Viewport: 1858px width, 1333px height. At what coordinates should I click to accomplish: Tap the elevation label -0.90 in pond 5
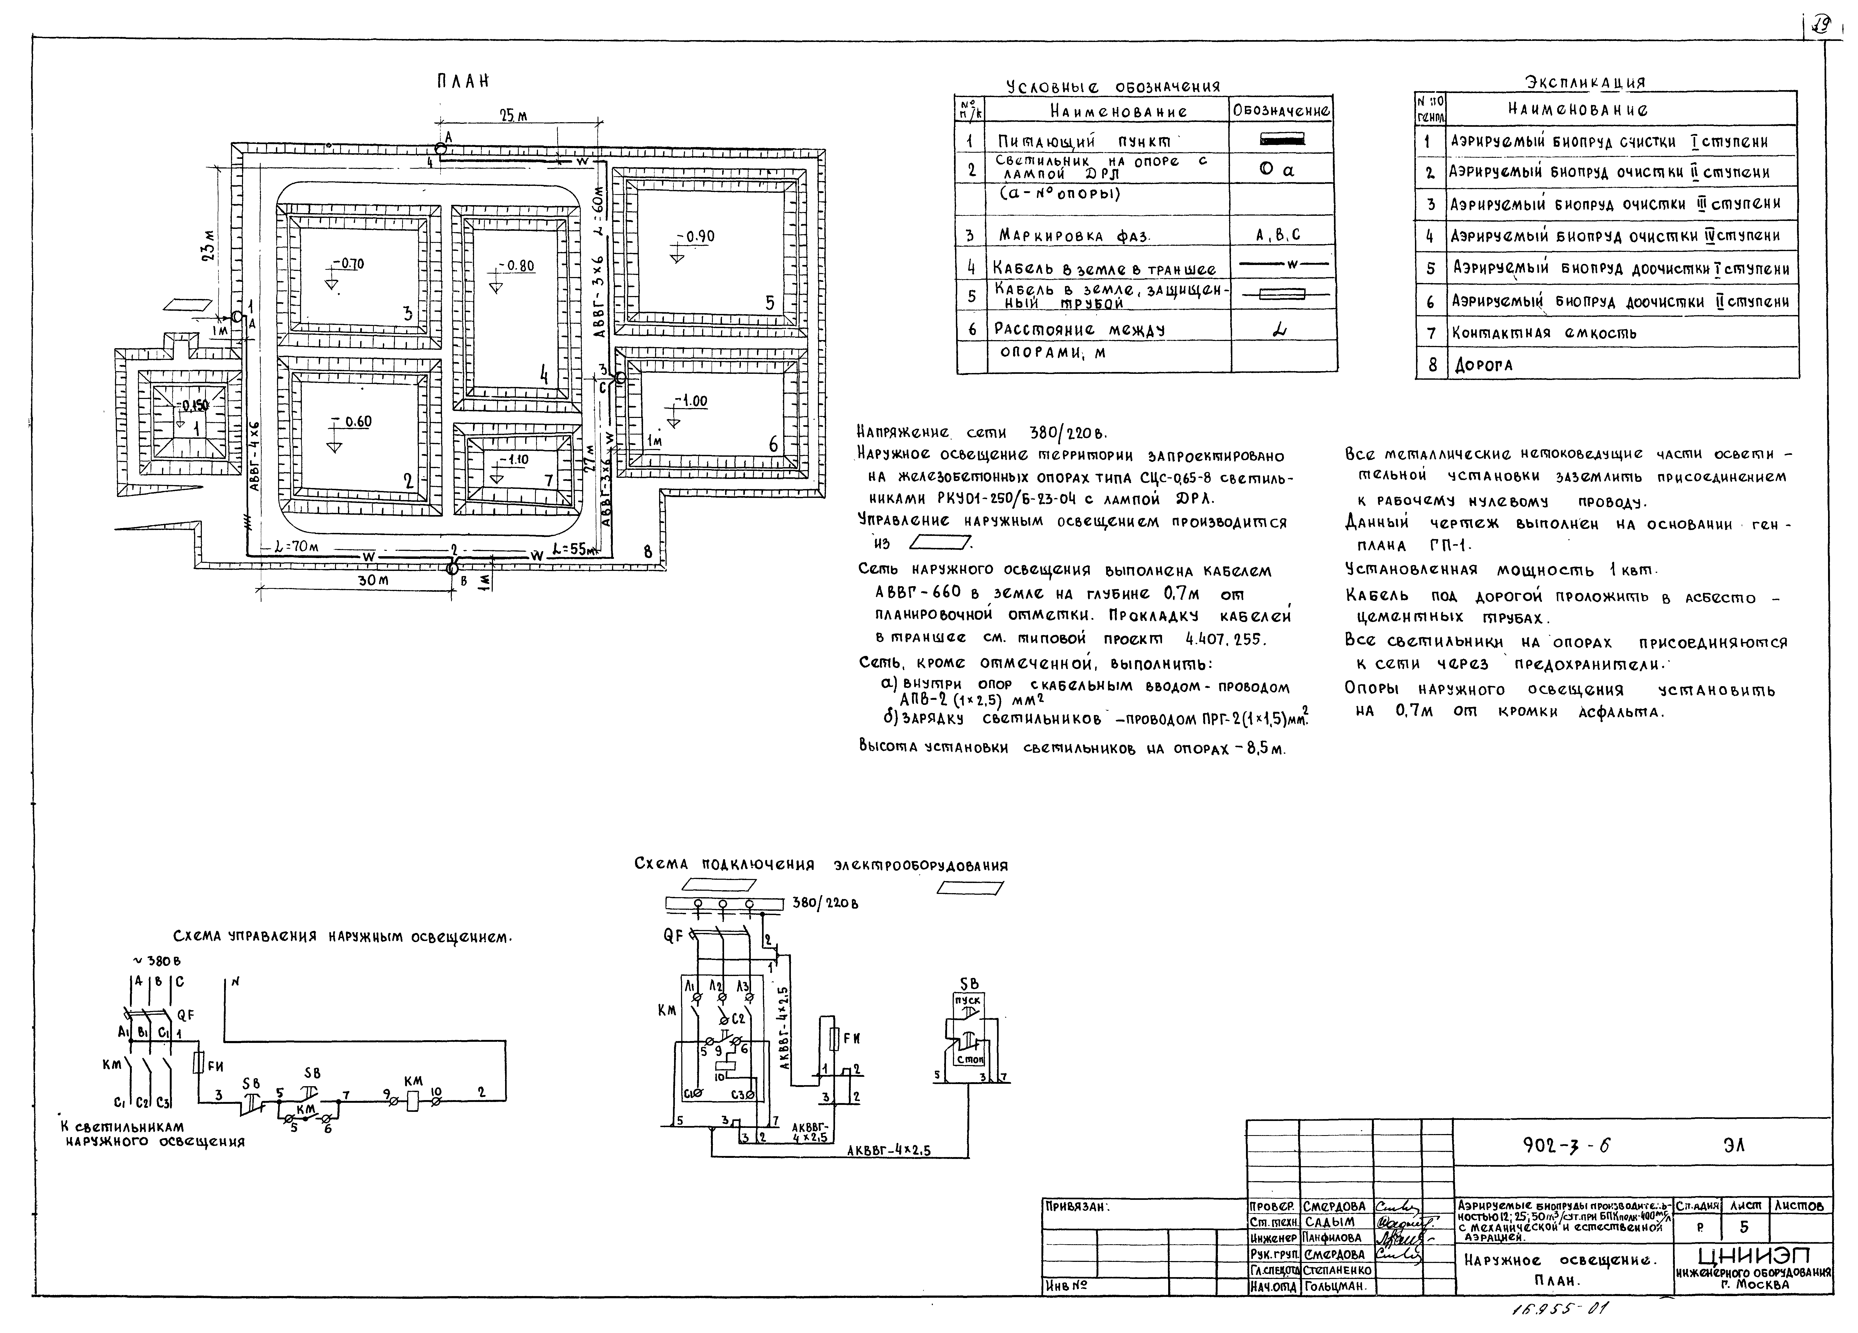point(699,237)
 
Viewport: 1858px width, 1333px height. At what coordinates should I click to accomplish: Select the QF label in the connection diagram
point(674,936)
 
